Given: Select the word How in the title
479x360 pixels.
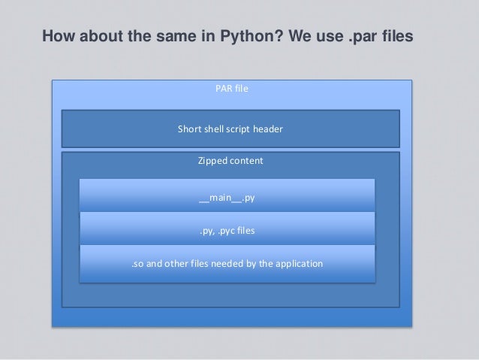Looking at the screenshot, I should [x=57, y=36].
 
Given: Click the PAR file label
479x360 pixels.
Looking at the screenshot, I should [x=231, y=89].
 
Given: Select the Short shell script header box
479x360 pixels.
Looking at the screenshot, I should [x=230, y=129].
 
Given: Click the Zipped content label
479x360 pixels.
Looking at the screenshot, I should [x=230, y=161].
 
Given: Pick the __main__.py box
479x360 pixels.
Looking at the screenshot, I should [x=227, y=198].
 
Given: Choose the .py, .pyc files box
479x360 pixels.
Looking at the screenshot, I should [x=227, y=231].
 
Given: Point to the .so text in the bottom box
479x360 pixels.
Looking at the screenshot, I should [x=137, y=264].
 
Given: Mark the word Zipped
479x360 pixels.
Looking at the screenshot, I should [x=212, y=161].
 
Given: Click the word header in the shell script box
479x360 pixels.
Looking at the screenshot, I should [x=267, y=129].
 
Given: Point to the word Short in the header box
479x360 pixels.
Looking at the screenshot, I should [x=188, y=129].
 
